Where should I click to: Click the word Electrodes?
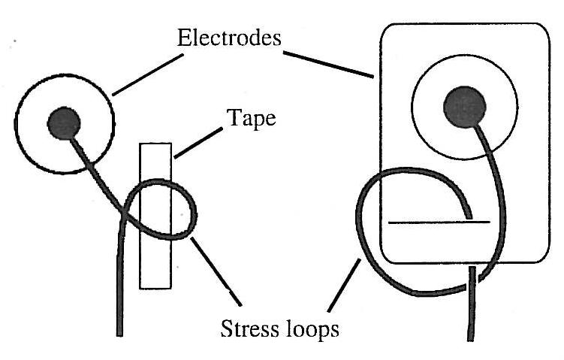coord(228,38)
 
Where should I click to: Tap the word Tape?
coord(249,119)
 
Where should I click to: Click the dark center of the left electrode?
coord(64,123)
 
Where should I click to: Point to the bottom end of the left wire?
coord(118,331)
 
